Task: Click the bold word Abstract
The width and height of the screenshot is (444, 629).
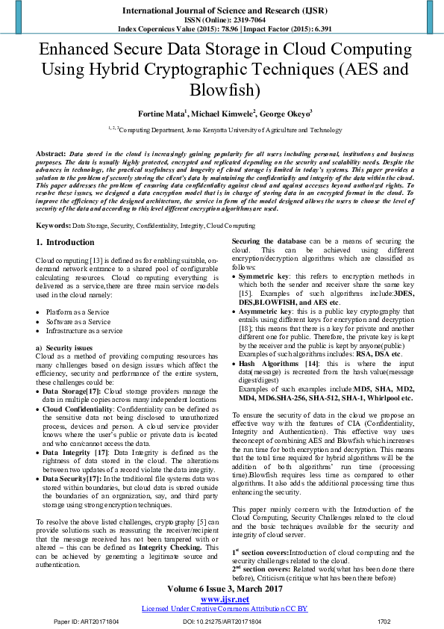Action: point(50,152)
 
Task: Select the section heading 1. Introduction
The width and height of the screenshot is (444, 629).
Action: point(66,243)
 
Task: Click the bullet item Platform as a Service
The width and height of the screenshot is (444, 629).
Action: point(78,312)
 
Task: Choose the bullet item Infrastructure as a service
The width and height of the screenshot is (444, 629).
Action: point(84,330)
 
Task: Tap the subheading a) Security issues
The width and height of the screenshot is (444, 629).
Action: point(64,348)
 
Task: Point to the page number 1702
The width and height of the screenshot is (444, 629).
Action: point(384,622)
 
